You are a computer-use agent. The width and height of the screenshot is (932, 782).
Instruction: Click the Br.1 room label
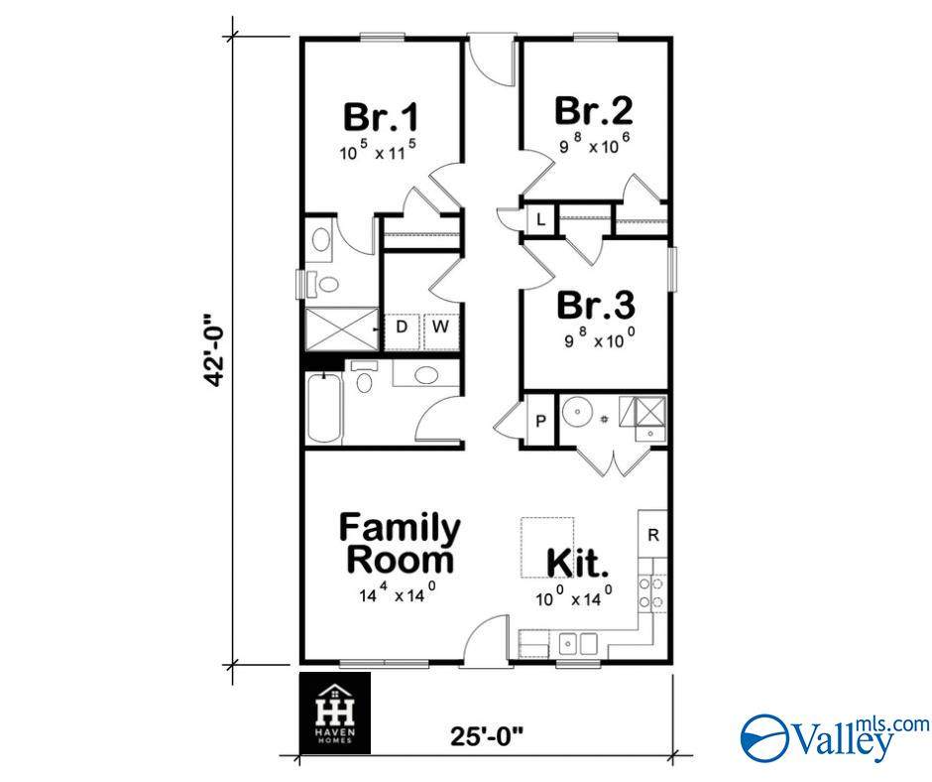click(x=381, y=117)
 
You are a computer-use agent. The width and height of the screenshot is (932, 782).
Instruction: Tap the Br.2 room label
click(x=593, y=110)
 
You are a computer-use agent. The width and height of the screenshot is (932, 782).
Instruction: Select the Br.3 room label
click(x=594, y=304)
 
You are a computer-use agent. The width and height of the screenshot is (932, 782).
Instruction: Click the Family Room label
click(x=400, y=543)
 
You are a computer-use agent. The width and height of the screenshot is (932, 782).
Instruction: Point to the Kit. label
click(x=578, y=565)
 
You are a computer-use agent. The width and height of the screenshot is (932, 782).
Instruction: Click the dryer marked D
click(x=403, y=326)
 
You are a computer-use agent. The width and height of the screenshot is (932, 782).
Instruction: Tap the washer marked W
click(x=439, y=326)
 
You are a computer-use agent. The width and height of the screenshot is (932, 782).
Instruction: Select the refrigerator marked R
click(x=653, y=535)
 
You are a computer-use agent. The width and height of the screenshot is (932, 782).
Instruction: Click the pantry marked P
click(x=540, y=421)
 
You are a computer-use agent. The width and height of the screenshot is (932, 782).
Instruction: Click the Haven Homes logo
click(x=334, y=712)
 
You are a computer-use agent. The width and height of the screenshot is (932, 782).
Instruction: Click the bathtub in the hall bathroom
click(x=324, y=409)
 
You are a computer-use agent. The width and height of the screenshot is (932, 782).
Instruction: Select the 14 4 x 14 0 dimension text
click(x=398, y=595)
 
